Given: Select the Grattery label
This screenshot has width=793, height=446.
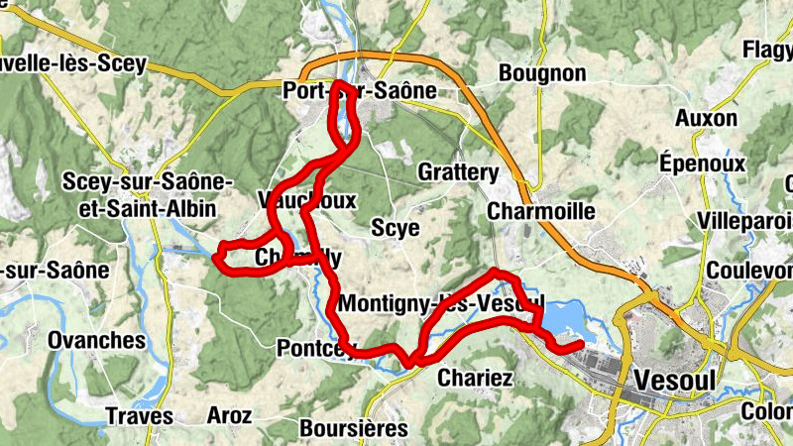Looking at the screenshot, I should click(458, 171).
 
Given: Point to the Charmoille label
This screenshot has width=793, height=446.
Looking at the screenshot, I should click(541, 211).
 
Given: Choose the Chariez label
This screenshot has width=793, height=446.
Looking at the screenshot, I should click(475, 378).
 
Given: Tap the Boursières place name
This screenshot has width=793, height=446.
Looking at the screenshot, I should click(353, 428).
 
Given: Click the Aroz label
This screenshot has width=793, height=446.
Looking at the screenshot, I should click(229, 415).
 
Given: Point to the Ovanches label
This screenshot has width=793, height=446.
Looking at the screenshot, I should click(96, 340).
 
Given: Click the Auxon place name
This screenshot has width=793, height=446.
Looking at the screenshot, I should click(707, 118).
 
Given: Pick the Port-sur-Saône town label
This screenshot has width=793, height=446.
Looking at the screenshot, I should click(359, 90).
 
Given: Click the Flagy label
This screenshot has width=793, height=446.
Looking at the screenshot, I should click(769, 50).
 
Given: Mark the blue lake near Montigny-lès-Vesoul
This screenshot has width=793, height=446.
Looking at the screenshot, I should click(561, 319).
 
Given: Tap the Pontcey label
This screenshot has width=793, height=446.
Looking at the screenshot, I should click(316, 348).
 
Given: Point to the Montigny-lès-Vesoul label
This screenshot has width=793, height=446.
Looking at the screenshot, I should click(441, 302).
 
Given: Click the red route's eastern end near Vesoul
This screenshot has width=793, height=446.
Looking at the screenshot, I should click(580, 343).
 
